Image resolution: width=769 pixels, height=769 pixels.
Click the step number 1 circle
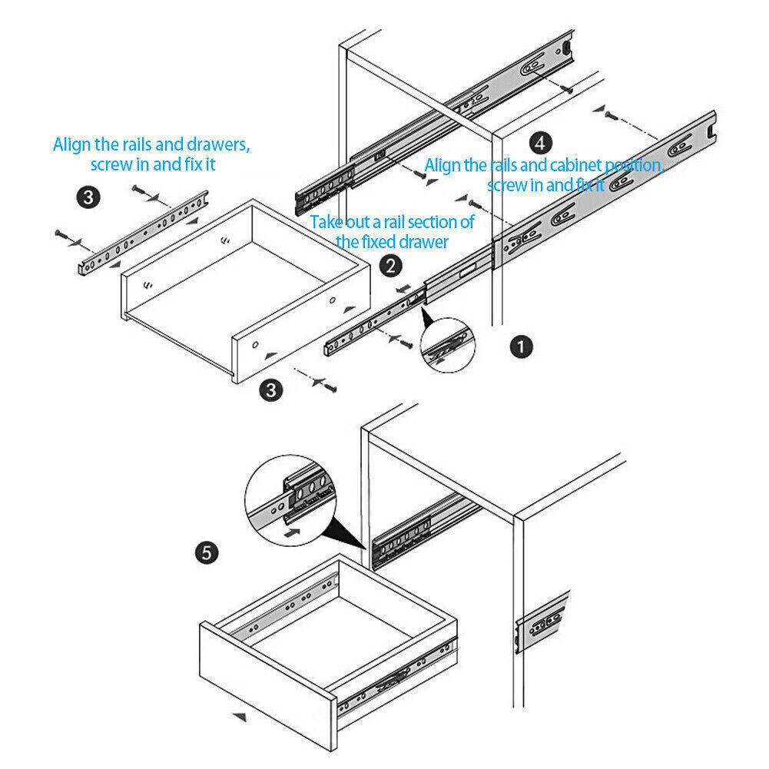[x=522, y=347]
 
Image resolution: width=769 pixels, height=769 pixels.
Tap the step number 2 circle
[x=391, y=267]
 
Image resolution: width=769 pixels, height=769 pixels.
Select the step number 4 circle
[x=540, y=142]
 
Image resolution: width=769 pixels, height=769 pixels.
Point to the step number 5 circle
[x=207, y=552]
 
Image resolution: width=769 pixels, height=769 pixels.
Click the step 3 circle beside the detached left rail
[x=89, y=197]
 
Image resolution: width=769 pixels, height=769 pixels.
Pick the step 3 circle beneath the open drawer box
[x=270, y=390]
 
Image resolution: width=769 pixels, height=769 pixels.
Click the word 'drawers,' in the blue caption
[x=218, y=144]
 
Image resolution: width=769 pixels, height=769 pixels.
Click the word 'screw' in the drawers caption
[x=110, y=164]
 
